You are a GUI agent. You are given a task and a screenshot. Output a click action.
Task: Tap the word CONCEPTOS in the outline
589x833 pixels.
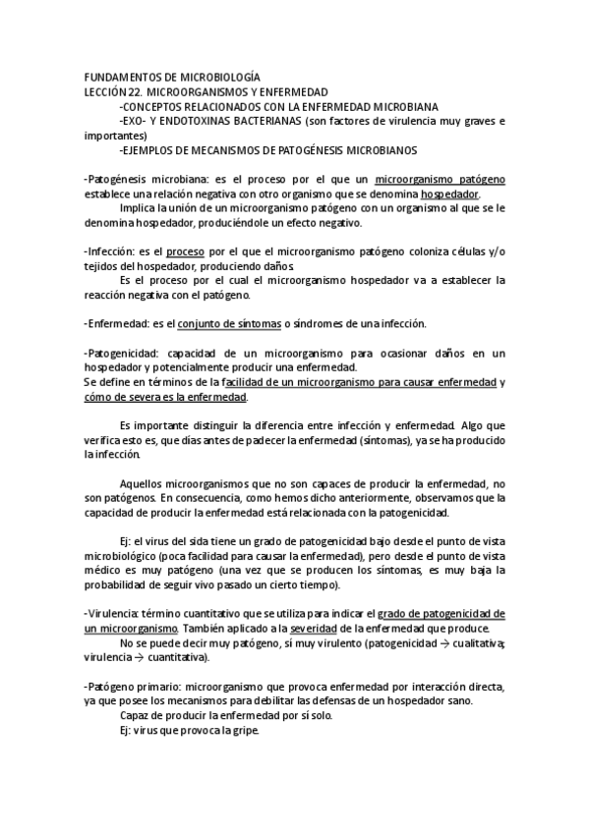pos(162,106)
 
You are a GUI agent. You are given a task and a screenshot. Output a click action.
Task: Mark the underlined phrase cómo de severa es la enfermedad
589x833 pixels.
pos(166,397)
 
